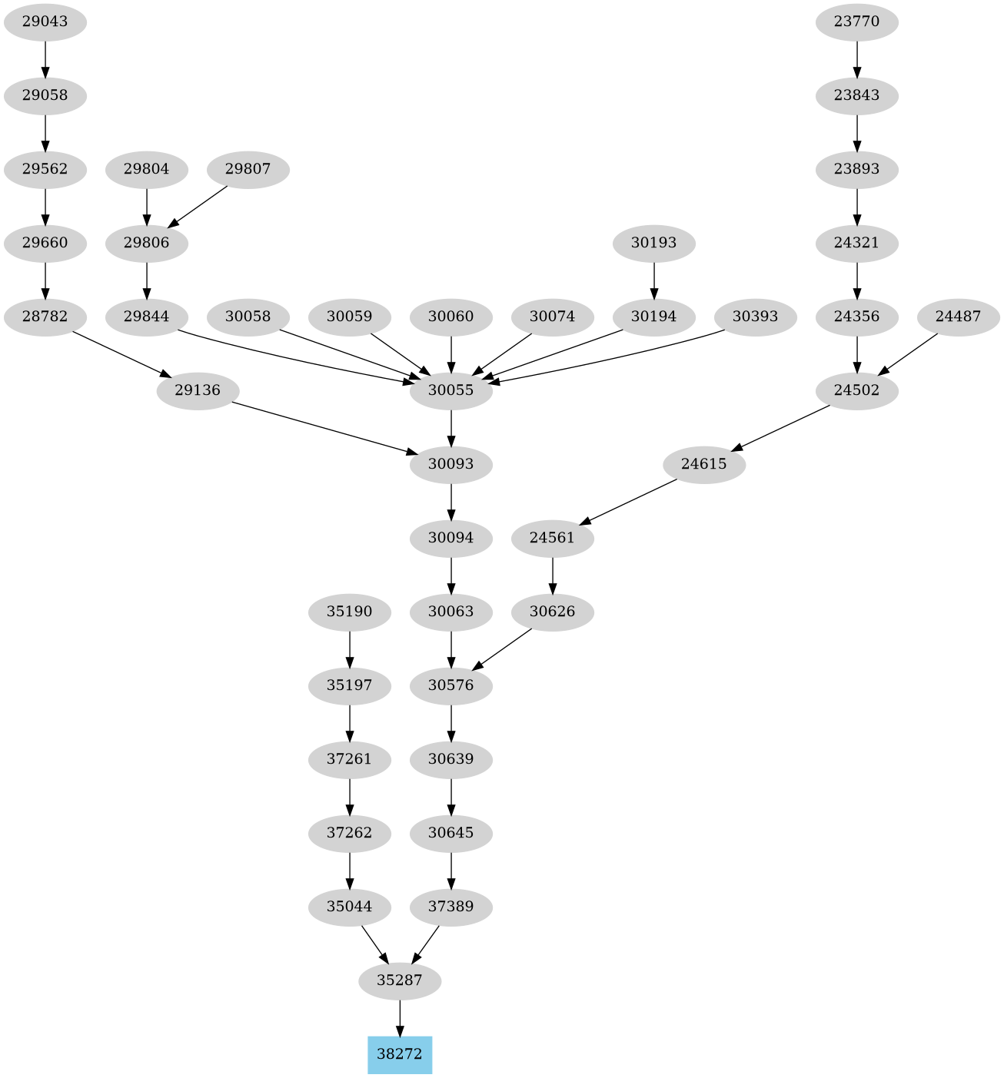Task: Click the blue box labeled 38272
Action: click(x=400, y=1054)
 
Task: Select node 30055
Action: click(x=451, y=390)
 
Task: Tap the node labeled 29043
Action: click(x=45, y=22)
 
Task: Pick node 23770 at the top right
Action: click(x=856, y=22)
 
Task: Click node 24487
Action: click(x=958, y=317)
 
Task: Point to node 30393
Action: click(x=755, y=317)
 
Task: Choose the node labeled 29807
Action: click(x=248, y=169)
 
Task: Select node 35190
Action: click(x=350, y=612)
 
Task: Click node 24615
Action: click(x=704, y=464)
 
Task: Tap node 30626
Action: click(x=553, y=612)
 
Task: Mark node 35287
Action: click(x=400, y=980)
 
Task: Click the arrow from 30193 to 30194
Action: click(x=654, y=280)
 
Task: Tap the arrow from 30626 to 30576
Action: click(x=501, y=649)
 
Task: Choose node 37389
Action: click(x=451, y=907)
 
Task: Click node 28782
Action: click(x=45, y=317)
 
